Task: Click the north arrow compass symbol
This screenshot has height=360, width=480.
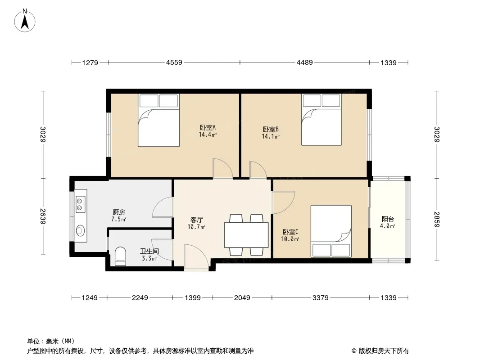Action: [x=25, y=21]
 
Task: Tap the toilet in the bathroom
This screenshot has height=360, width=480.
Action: [x=120, y=256]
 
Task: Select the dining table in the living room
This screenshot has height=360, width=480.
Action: [x=246, y=235]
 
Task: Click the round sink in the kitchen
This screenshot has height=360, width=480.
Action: [x=81, y=230]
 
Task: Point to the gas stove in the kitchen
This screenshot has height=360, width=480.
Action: [x=80, y=204]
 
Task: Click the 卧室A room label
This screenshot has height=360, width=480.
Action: [x=208, y=127]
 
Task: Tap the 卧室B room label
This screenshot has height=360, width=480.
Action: [x=271, y=130]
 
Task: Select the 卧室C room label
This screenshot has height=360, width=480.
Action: [x=290, y=232]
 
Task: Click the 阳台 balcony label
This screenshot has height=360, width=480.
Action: [x=388, y=219]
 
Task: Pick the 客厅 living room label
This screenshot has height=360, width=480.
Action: [x=196, y=220]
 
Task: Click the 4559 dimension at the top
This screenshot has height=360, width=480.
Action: [x=174, y=63]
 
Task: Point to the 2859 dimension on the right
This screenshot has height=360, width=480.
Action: [x=437, y=219]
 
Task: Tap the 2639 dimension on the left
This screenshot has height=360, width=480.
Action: [x=43, y=216]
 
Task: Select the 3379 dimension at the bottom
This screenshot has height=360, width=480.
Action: [x=321, y=297]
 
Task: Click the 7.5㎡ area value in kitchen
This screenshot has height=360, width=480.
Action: [x=119, y=219]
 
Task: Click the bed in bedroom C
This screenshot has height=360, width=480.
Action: [x=331, y=231]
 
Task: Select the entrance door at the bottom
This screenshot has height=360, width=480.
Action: [x=196, y=257]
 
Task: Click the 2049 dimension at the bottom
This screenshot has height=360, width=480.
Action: [x=242, y=297]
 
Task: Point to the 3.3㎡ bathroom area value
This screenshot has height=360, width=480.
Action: [x=149, y=258]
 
